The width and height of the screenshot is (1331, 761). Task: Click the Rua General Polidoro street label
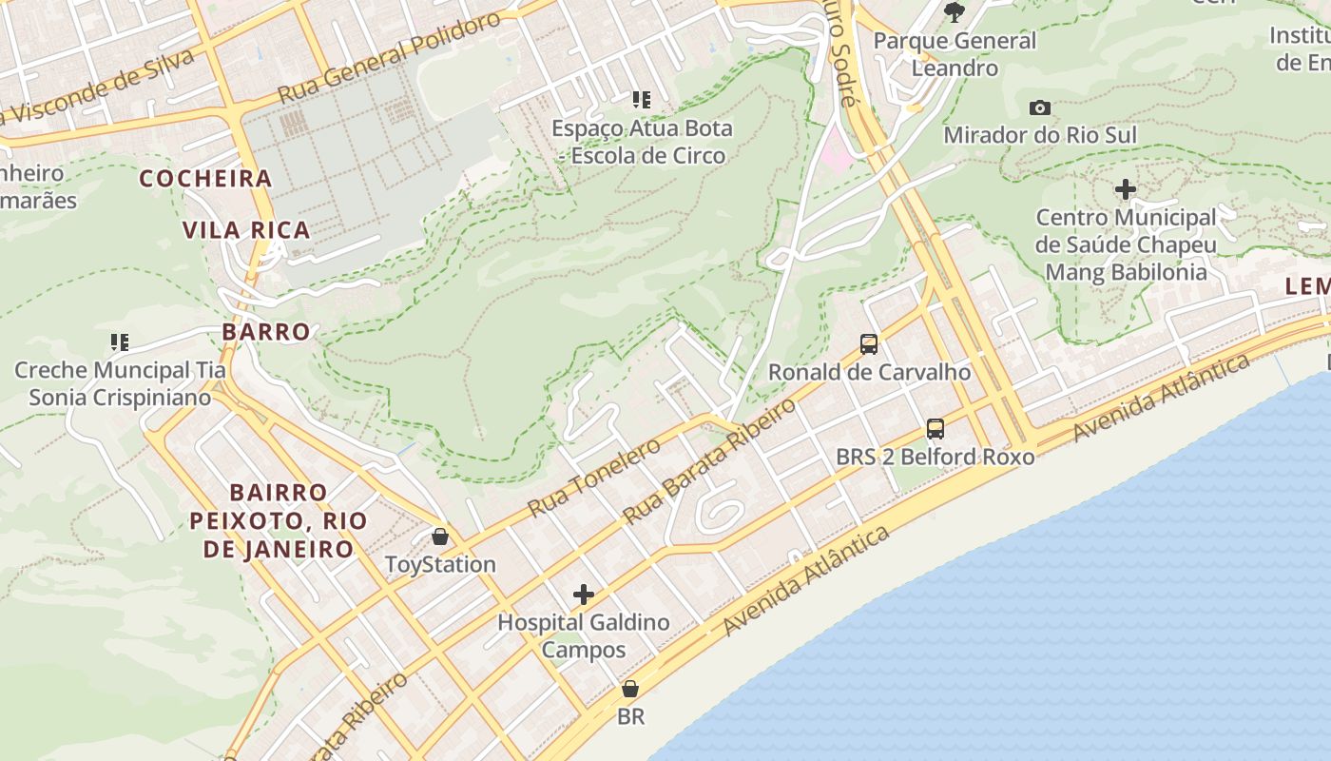(389, 59)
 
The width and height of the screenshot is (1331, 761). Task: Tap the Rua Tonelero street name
(594, 478)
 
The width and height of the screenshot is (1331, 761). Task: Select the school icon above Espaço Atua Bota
(642, 99)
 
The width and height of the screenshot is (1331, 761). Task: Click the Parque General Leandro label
(955, 54)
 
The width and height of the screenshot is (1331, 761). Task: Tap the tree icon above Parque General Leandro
(955, 11)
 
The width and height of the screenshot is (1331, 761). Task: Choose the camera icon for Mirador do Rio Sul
(1040, 107)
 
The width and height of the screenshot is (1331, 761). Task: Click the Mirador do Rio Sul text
(1040, 135)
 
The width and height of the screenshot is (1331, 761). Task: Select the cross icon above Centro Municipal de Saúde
(1126, 189)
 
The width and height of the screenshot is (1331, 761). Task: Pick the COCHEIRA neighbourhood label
(206, 178)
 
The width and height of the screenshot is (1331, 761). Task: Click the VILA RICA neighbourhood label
(246, 229)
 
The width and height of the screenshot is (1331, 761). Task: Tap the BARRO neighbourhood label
(266, 331)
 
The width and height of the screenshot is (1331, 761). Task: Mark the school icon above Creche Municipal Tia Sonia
(119, 341)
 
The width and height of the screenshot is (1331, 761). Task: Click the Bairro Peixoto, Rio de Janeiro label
(278, 520)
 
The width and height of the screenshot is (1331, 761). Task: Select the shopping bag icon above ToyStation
(439, 537)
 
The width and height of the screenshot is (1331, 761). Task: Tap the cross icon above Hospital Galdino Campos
(584, 595)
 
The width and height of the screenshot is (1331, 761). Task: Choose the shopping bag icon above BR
(629, 689)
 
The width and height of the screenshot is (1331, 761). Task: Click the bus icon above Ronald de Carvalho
(868, 343)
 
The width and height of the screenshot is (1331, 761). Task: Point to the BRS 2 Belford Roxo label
(935, 457)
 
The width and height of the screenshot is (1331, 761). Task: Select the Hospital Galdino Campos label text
(584, 636)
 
